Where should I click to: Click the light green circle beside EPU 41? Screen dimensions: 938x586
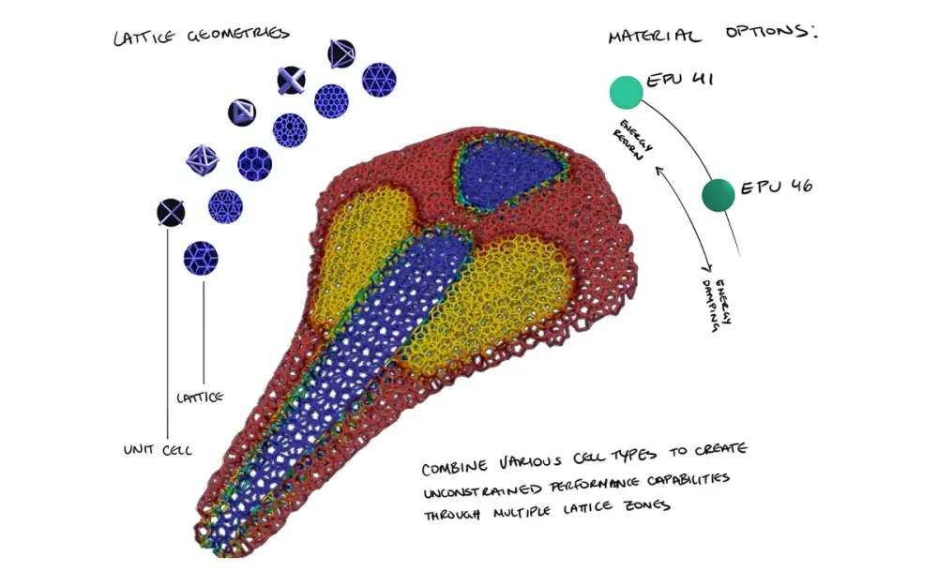627,93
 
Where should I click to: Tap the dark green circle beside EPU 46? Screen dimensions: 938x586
718,195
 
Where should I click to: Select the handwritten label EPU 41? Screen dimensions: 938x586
680,80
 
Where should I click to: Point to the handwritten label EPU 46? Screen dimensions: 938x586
777,187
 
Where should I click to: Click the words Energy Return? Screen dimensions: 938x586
631,140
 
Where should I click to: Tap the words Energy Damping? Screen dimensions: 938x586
716,305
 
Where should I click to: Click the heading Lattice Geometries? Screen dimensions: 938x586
202,36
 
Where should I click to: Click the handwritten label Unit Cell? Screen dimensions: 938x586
158,450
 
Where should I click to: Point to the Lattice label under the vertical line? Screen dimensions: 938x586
200,397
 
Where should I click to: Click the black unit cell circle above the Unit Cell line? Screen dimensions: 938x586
171,213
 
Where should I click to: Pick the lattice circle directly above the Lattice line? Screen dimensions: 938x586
201,259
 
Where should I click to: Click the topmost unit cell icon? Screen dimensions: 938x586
341,53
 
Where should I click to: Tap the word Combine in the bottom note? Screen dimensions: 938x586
454,466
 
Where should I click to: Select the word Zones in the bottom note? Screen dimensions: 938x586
646,506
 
